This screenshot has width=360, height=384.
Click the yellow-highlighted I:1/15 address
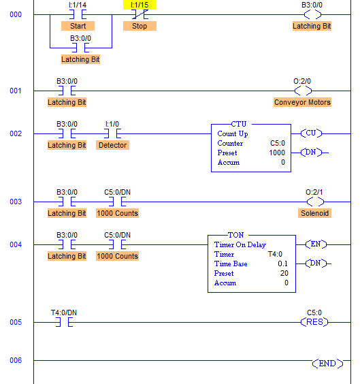pyautogui.click(x=140, y=5)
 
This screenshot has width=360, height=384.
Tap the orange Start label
pyautogui.click(x=78, y=26)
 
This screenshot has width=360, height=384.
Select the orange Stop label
pyautogui.click(x=140, y=26)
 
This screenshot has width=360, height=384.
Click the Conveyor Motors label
pyautogui.click(x=302, y=102)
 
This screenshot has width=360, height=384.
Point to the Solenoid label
pyautogui.click(x=314, y=213)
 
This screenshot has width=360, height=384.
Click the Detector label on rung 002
pyautogui.click(x=112, y=145)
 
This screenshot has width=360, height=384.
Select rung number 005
pyautogui.click(x=16, y=322)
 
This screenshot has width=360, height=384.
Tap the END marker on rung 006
pyautogui.click(x=327, y=364)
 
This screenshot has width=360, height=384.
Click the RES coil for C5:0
pyautogui.click(x=314, y=322)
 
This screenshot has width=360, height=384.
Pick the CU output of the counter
pyautogui.click(x=311, y=133)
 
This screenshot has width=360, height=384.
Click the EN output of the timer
pyautogui.click(x=316, y=244)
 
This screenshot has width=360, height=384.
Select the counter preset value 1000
pyautogui.click(x=277, y=153)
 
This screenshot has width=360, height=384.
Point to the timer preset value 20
pyautogui.click(x=284, y=273)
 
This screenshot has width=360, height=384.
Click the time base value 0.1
pyautogui.click(x=282, y=263)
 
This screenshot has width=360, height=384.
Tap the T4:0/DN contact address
pyautogui.click(x=64, y=313)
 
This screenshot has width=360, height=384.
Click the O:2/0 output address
pyautogui.click(x=302, y=81)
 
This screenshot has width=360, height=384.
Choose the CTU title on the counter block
pyautogui.click(x=239, y=124)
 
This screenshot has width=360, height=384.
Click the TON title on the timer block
pyautogui.click(x=236, y=235)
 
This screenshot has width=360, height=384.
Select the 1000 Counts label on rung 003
pyautogui.click(x=118, y=213)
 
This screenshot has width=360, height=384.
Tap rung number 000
pyautogui.click(x=16, y=14)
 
